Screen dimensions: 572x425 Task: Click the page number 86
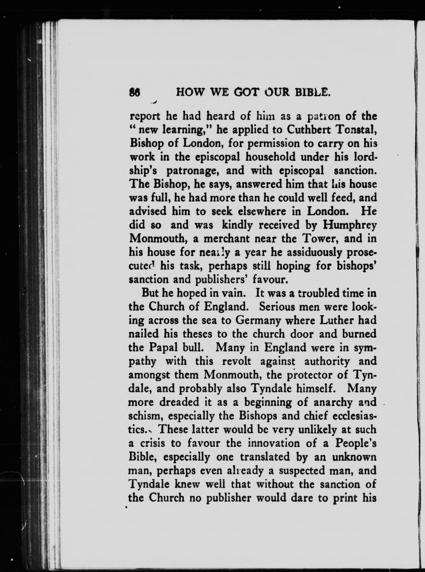coord(134,92)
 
